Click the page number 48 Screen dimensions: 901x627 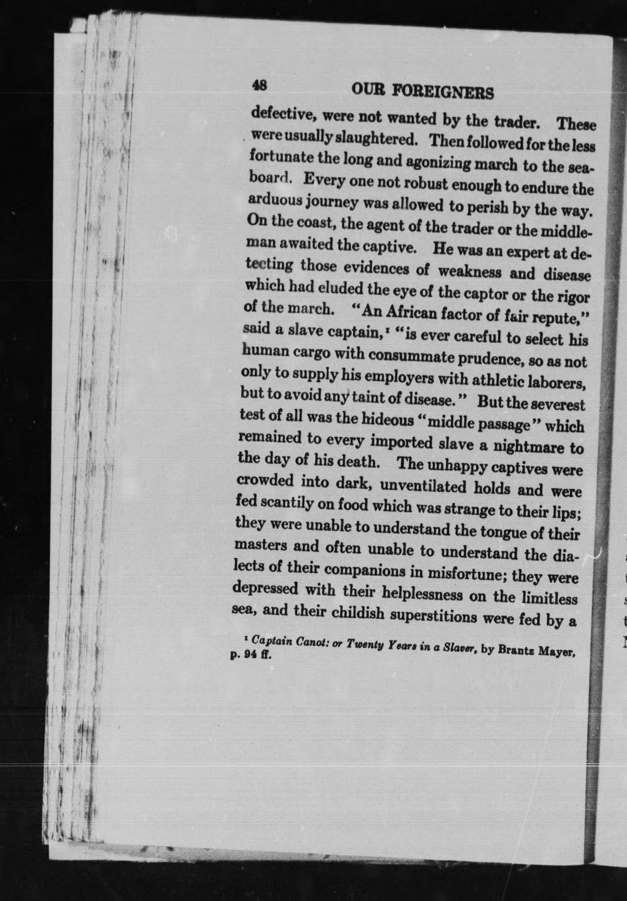[260, 86]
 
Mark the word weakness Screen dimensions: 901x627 [470, 272]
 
